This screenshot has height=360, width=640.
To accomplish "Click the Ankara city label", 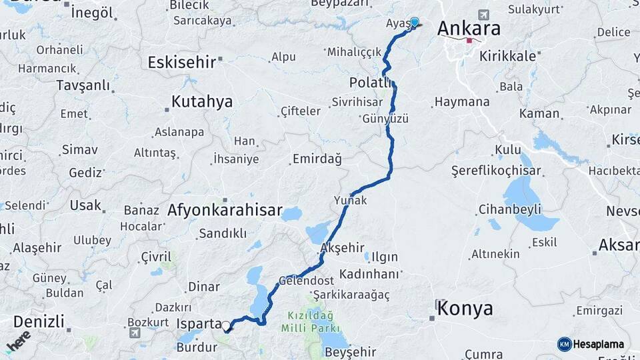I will pos(469,29).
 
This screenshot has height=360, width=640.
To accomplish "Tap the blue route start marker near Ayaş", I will pos(415,22).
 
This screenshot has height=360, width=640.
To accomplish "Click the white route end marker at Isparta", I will pos(227,327).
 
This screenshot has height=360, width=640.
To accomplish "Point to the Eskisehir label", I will pos(181,62).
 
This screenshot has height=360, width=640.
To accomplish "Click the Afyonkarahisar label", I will pos(225,210).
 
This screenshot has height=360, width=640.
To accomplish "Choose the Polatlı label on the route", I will pos(371,83).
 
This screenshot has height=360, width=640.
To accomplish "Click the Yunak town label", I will pos(351,200).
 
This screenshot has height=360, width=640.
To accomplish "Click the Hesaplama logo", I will pos(591,344).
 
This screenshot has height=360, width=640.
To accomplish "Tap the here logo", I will pos(18,340).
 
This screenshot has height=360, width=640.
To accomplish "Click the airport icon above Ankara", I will pos(483,15).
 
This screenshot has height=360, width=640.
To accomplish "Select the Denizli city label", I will pos(39,321).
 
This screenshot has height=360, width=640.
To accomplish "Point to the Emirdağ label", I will pos(317,159).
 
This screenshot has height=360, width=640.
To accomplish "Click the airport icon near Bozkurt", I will pos(135,333).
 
